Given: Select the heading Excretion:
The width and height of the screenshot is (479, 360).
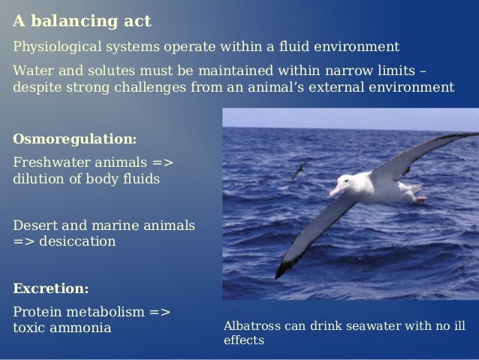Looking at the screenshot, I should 51,289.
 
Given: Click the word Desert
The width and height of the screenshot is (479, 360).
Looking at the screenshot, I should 34,225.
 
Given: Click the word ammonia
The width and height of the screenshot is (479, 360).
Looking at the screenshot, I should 83,329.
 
